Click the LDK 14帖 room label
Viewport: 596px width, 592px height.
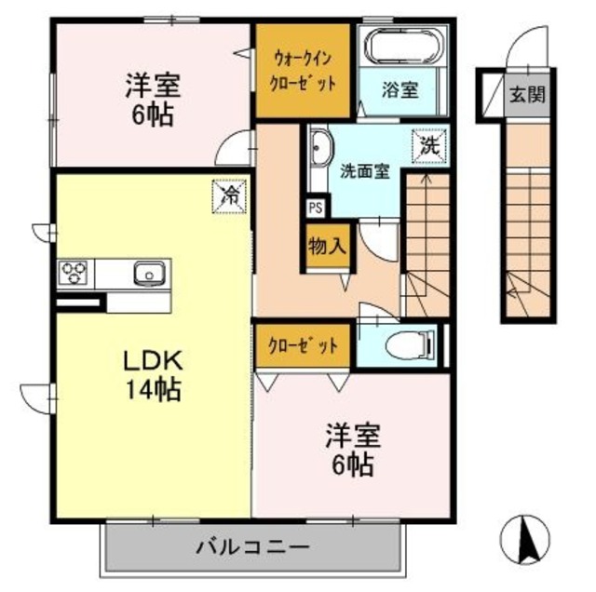(x=154, y=372)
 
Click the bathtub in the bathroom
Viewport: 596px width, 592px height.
(x=404, y=47)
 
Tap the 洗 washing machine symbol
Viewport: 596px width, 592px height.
(x=429, y=146)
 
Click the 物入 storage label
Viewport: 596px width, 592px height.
(x=327, y=247)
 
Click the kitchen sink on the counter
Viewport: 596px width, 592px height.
(x=148, y=274)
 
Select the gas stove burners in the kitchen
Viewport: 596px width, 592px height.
(x=74, y=274)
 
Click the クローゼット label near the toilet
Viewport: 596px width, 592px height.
(x=304, y=344)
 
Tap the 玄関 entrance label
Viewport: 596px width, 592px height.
(x=527, y=95)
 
